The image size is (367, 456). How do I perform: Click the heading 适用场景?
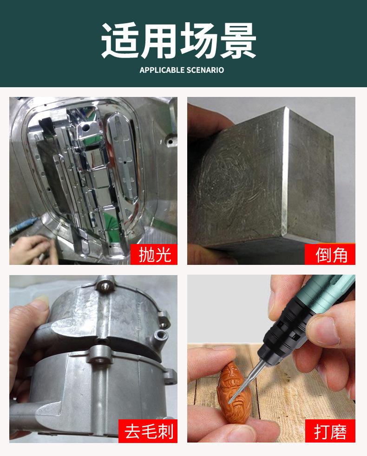pyautogui.click(x=178, y=41)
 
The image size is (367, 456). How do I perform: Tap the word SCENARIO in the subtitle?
pyautogui.click(x=205, y=70)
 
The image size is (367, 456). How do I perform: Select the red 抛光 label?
pyautogui.click(x=154, y=255)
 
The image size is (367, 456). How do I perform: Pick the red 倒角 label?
pyautogui.click(x=330, y=255)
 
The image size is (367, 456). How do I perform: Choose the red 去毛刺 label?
pyautogui.click(x=148, y=431)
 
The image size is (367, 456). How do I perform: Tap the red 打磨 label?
pyautogui.click(x=330, y=431)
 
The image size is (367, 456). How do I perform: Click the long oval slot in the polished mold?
pyautogui.click(x=123, y=159)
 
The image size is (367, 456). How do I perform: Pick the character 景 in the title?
pyautogui.click(x=238, y=41)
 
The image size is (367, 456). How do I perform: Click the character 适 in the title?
pyautogui.click(x=119, y=41)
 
